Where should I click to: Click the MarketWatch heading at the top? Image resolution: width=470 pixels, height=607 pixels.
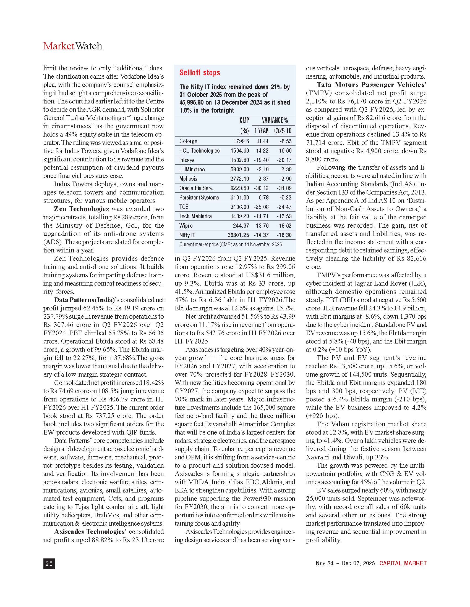click(x=73, y=46)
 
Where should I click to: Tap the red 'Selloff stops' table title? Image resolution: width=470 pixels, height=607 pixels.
click(x=200, y=73)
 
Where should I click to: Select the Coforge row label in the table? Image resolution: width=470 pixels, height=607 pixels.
click(x=188, y=141)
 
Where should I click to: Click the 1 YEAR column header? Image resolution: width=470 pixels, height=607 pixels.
click(x=261, y=131)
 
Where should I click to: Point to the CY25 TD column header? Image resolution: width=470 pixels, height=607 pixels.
click(x=283, y=131)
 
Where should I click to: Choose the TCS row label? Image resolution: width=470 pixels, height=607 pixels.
click(x=184, y=207)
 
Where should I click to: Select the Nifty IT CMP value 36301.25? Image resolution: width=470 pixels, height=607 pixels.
click(x=238, y=235)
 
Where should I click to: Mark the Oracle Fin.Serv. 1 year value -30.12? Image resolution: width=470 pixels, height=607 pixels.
click(x=261, y=188)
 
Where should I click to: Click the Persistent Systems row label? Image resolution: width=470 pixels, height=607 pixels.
click(x=199, y=198)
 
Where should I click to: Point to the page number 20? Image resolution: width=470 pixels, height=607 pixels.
click(x=49, y=563)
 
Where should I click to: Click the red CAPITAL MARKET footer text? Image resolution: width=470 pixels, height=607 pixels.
click(x=403, y=563)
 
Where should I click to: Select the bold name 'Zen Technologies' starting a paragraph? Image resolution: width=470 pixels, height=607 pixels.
click(x=81, y=209)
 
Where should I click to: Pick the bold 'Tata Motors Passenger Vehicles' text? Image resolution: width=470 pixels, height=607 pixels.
click(x=371, y=85)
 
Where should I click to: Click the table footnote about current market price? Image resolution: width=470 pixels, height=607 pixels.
click(x=230, y=244)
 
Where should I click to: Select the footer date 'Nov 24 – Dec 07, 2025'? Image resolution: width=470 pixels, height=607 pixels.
click(x=345, y=563)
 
